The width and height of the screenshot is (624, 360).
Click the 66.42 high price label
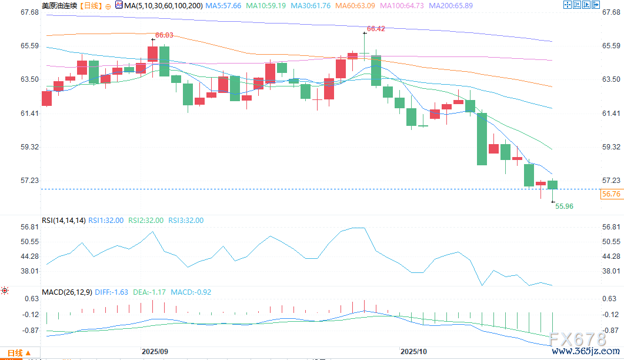(376, 28)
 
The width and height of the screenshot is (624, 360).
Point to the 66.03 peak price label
(164, 35)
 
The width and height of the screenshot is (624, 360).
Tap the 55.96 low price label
(564, 206)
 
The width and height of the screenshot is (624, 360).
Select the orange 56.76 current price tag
(611, 194)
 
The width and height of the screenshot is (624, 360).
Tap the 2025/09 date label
(155, 351)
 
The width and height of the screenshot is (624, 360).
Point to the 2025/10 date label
(414, 351)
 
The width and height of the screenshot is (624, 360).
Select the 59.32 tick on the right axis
(612, 146)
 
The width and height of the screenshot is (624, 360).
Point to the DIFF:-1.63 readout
(111, 292)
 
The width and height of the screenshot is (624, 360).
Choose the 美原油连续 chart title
(59, 5)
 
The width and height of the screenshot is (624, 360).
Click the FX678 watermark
(576, 339)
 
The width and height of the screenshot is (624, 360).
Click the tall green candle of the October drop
(482, 139)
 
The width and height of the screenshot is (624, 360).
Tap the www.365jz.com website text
(585, 352)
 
